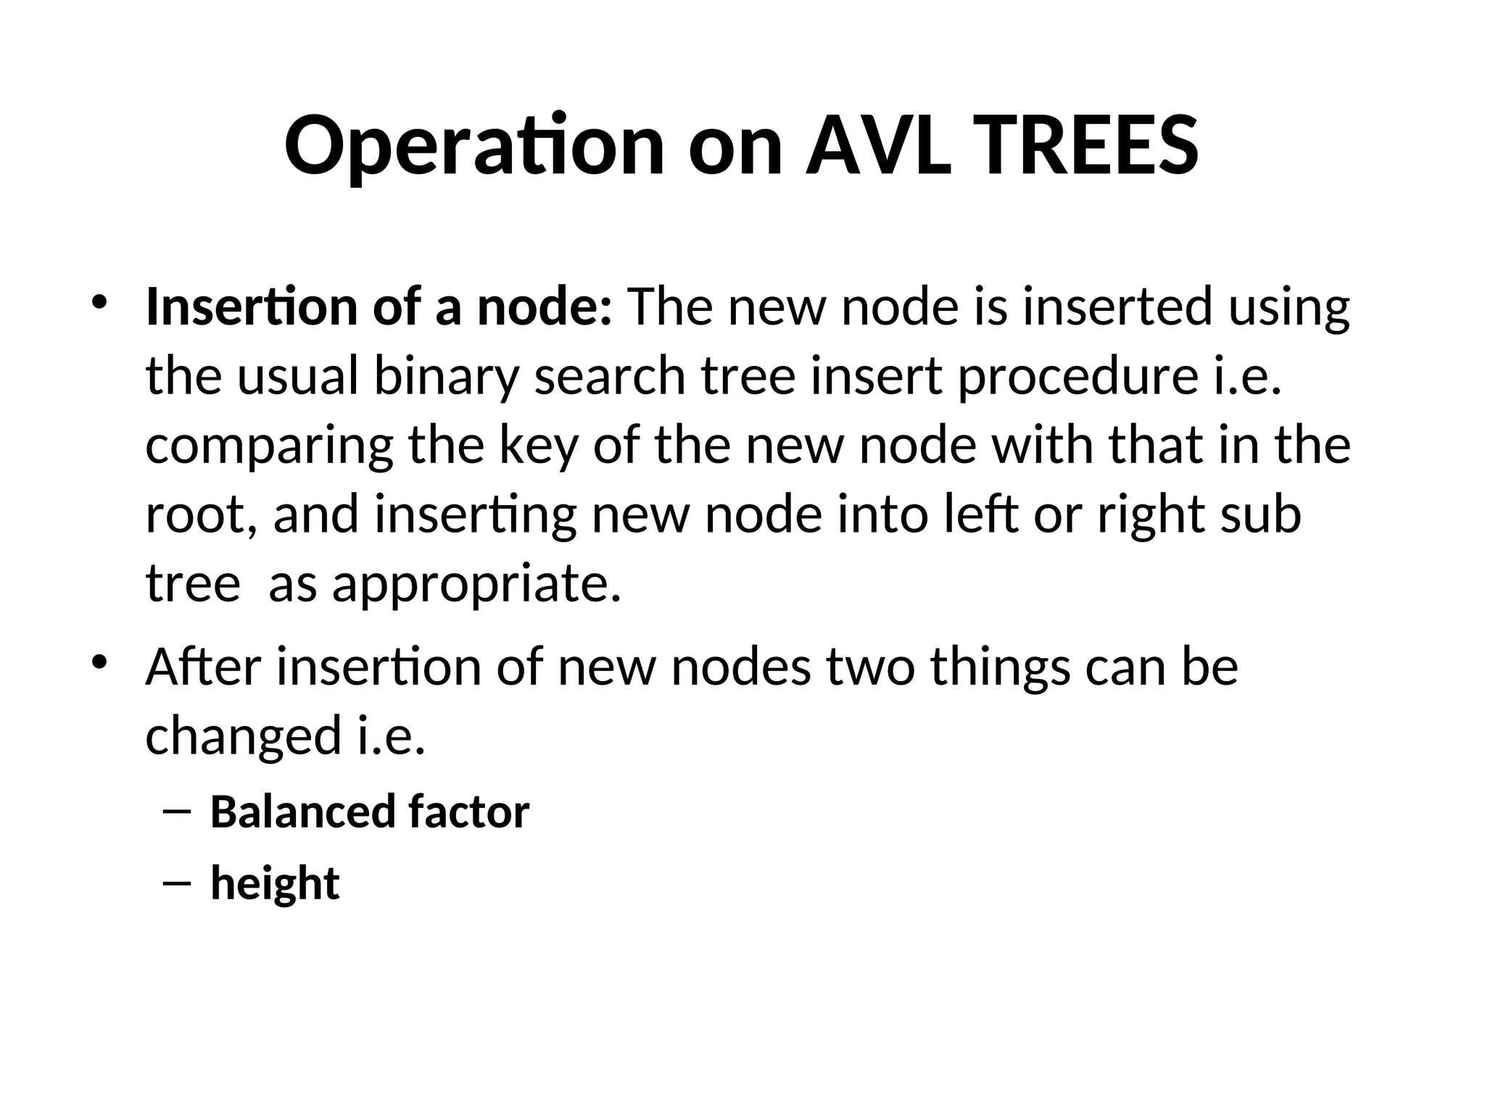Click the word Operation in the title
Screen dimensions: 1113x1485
point(474,147)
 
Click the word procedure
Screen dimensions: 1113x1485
point(1077,378)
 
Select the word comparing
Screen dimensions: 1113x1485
point(269,446)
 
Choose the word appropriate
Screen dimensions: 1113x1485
point(476,584)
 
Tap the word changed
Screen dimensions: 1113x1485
point(244,735)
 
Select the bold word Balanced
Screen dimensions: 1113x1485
point(302,812)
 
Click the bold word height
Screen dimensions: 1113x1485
point(275,883)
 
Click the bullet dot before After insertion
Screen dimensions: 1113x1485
point(99,662)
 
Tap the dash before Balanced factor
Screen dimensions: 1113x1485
point(178,812)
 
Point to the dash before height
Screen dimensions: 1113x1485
point(178,883)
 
